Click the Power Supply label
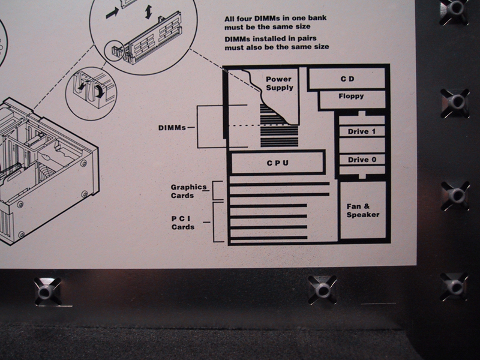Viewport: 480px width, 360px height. (279, 83)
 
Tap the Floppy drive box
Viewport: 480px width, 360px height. (351, 96)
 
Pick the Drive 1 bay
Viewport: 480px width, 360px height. (362, 131)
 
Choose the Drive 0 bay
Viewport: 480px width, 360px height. (362, 160)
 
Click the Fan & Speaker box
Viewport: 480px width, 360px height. (363, 211)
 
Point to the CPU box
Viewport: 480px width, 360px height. (278, 163)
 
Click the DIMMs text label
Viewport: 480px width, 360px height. (172, 128)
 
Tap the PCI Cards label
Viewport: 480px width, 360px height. (184, 223)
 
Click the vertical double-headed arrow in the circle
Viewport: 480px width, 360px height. (148, 11)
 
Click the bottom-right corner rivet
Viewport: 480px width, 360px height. (454, 286)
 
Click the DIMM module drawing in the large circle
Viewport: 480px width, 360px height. (149, 43)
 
